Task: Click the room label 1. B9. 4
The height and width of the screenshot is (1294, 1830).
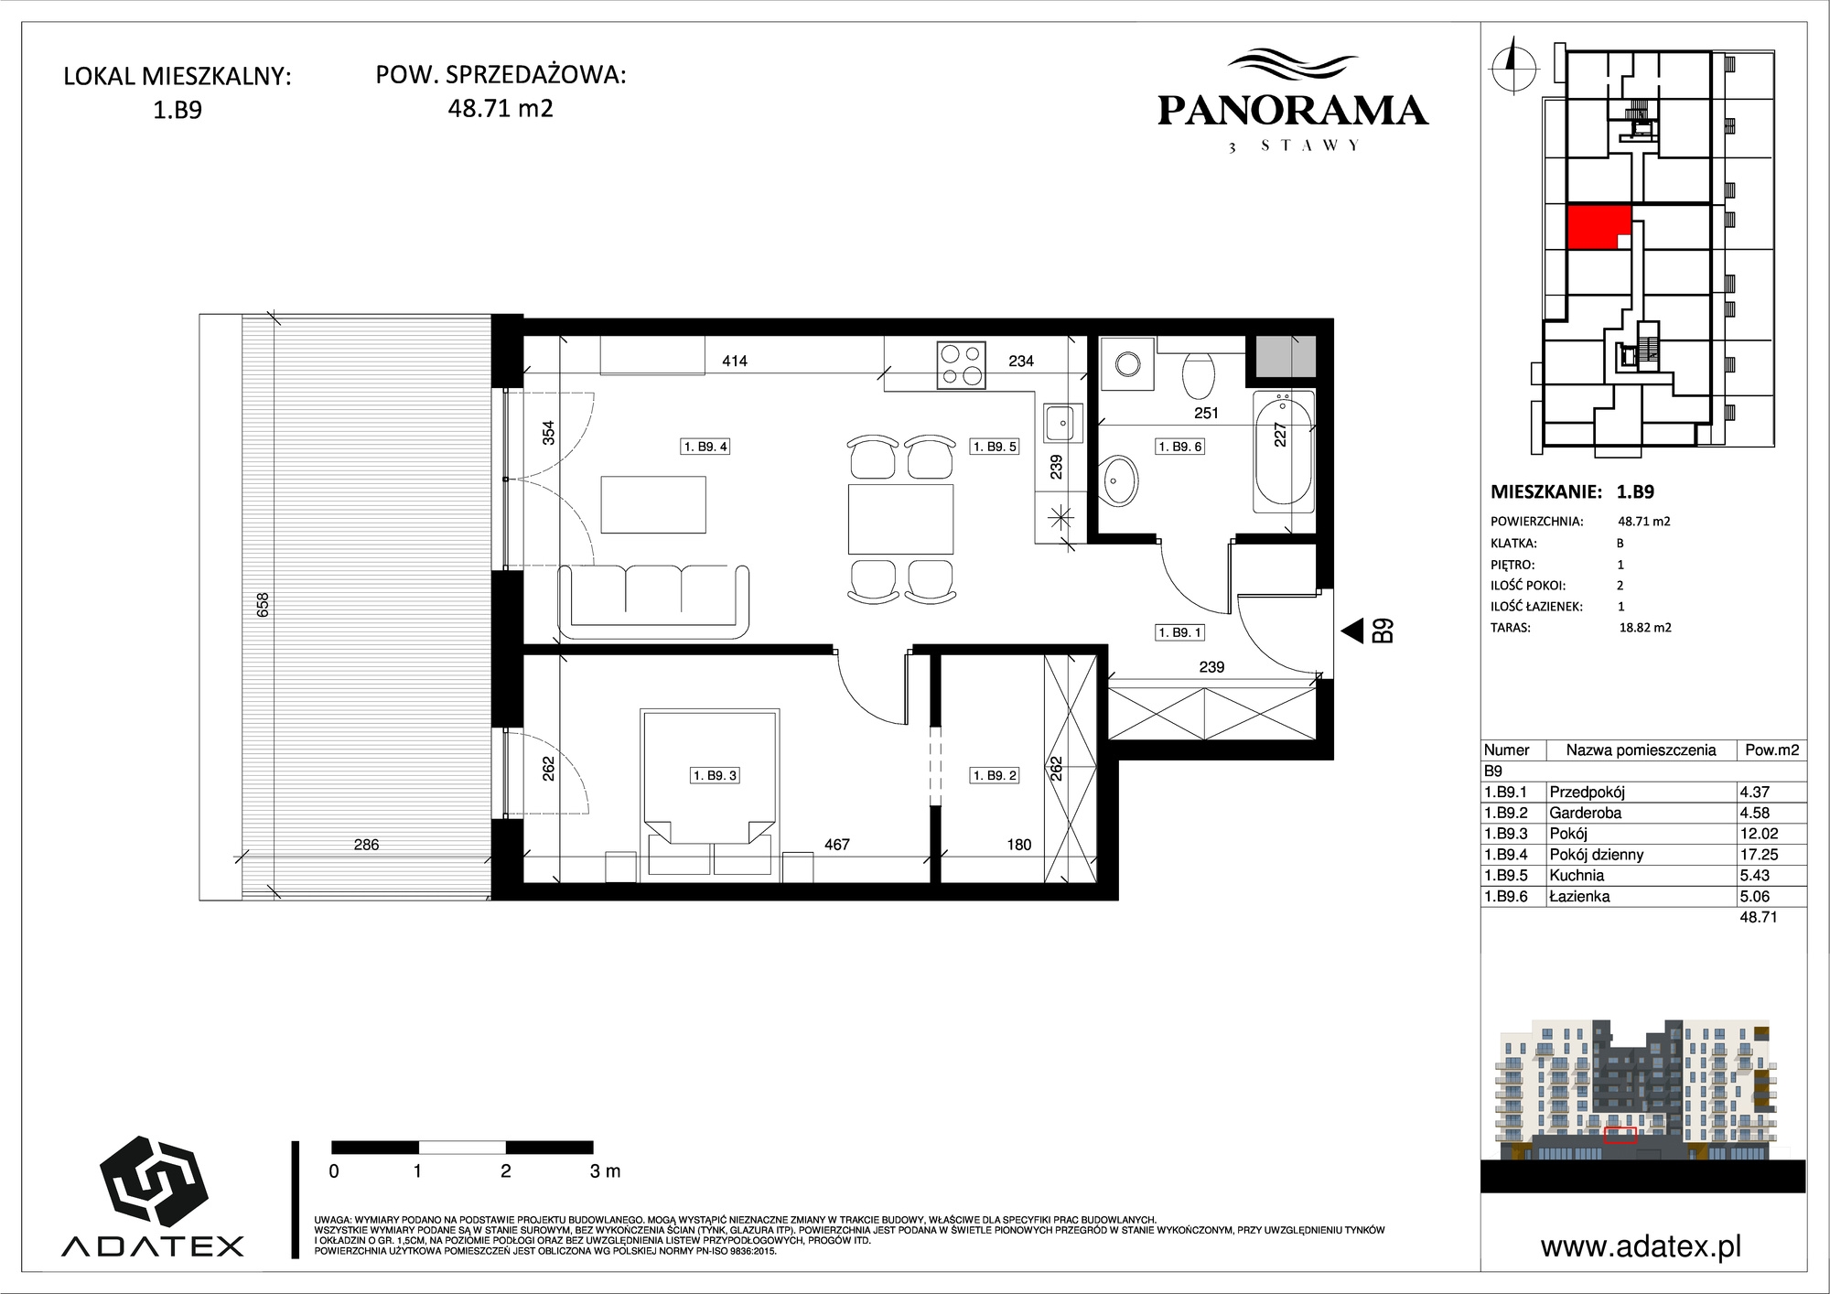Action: coord(705,447)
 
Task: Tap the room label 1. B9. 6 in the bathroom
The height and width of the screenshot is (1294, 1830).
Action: coord(1180,447)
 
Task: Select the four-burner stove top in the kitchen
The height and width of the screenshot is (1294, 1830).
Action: coord(961,364)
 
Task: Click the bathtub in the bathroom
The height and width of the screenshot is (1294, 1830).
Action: coord(1283,449)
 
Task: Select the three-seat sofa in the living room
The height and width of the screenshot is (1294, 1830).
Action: coord(653,601)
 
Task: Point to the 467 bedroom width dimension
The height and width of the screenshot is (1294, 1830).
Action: coord(836,845)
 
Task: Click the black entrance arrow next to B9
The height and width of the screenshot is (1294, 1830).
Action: coord(1351,631)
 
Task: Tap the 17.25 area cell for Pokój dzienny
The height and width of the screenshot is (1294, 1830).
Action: coord(1754,855)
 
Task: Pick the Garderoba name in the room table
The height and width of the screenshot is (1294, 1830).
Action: coord(1585,813)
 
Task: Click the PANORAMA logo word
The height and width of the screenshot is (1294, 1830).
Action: coord(1292,111)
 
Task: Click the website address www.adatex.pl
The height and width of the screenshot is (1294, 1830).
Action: coord(1641,1246)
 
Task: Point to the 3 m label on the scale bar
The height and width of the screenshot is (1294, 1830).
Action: coord(605,1170)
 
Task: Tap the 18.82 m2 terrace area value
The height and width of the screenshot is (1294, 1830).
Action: coord(1645,628)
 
